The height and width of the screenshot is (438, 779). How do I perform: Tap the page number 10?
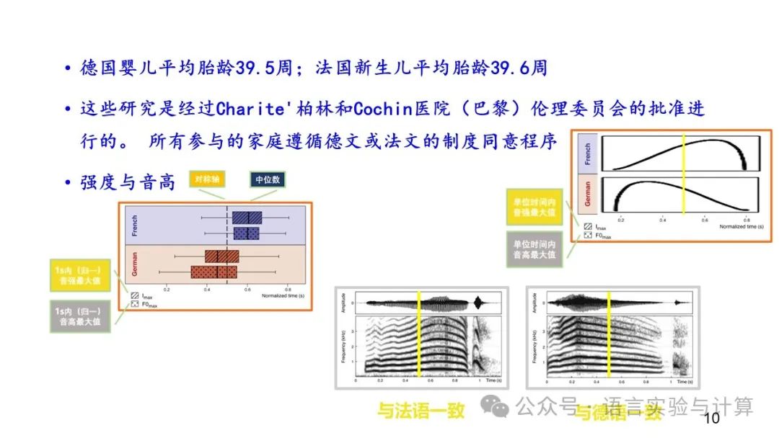click(711, 419)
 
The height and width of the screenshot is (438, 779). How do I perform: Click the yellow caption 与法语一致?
click(421, 411)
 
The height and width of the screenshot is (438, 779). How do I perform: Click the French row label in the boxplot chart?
click(134, 225)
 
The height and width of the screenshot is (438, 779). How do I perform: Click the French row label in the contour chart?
click(587, 153)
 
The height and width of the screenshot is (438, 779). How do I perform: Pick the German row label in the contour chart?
click(587, 193)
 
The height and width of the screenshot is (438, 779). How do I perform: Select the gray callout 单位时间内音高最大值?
click(535, 249)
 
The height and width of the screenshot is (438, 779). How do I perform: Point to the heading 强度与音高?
click(128, 182)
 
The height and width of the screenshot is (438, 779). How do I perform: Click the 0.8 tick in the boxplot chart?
click(289, 289)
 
